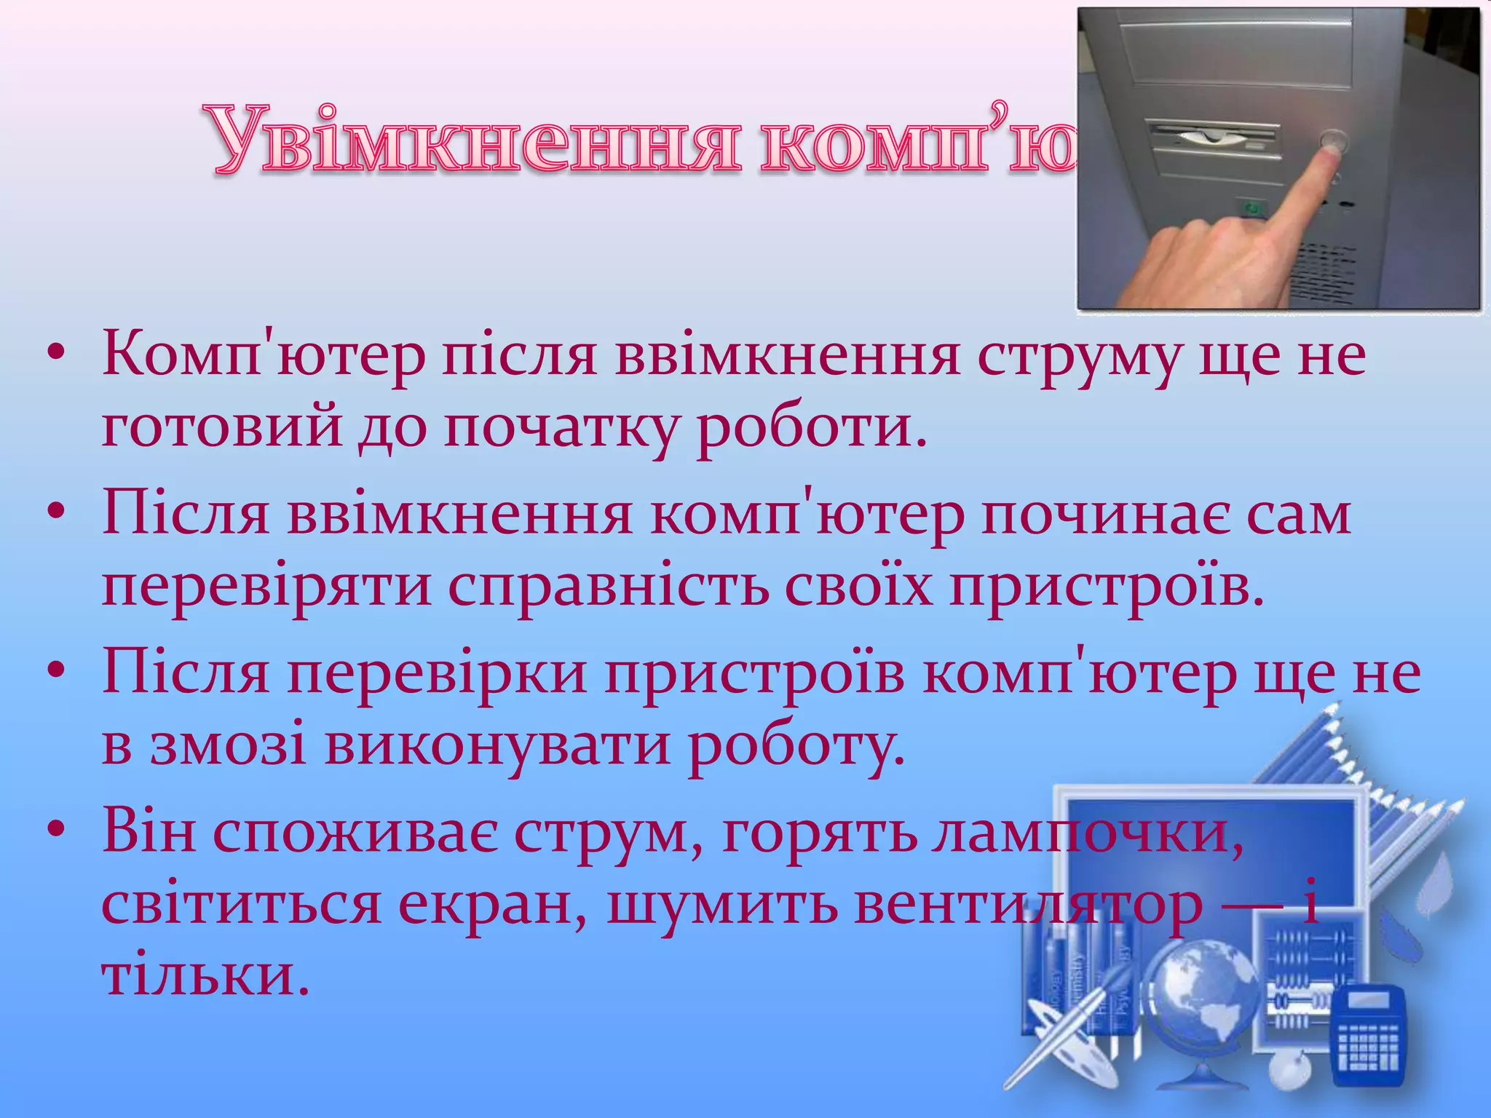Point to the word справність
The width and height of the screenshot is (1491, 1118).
coord(608,587)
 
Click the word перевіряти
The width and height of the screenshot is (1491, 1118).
coord(266,587)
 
